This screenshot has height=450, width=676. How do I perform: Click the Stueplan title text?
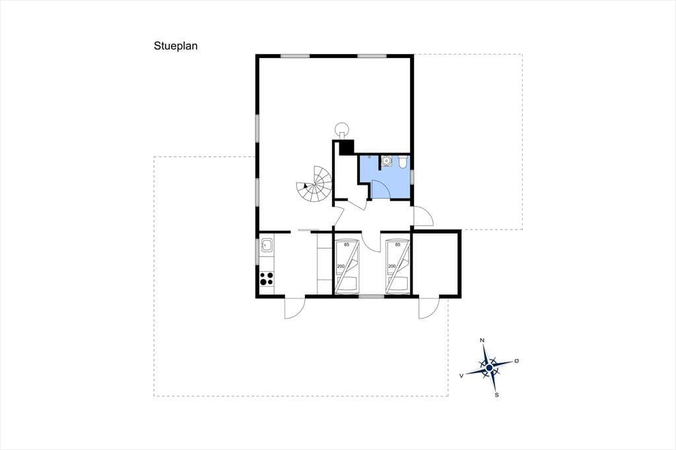coord(176,46)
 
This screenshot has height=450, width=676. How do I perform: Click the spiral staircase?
coord(314,185)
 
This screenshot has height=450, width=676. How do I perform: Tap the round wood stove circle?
coord(343,128)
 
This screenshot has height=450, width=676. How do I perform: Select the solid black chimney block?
coord(346,147)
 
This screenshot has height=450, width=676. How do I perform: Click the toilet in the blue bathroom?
coord(403,162)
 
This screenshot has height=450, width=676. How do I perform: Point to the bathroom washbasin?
coord(386,161)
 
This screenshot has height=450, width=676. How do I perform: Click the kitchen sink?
coord(267,245)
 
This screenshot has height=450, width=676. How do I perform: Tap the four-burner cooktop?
coord(267,278)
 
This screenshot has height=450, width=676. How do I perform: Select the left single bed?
coord(347,267)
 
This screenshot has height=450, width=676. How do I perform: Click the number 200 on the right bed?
coord(391,267)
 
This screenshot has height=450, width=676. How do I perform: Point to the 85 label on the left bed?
coord(347,245)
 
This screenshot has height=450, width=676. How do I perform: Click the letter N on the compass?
coord(482,340)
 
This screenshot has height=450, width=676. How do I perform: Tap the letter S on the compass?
coord(496,395)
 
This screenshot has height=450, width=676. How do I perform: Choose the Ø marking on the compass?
coord(516,361)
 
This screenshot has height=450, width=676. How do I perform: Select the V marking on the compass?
coord(461,376)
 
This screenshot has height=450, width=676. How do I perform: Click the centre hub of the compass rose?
coord(489,368)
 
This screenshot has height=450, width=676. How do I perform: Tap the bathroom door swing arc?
coord(380,189)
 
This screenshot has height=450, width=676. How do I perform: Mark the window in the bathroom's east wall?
coord(412,177)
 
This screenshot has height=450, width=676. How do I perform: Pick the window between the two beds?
coord(372,296)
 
